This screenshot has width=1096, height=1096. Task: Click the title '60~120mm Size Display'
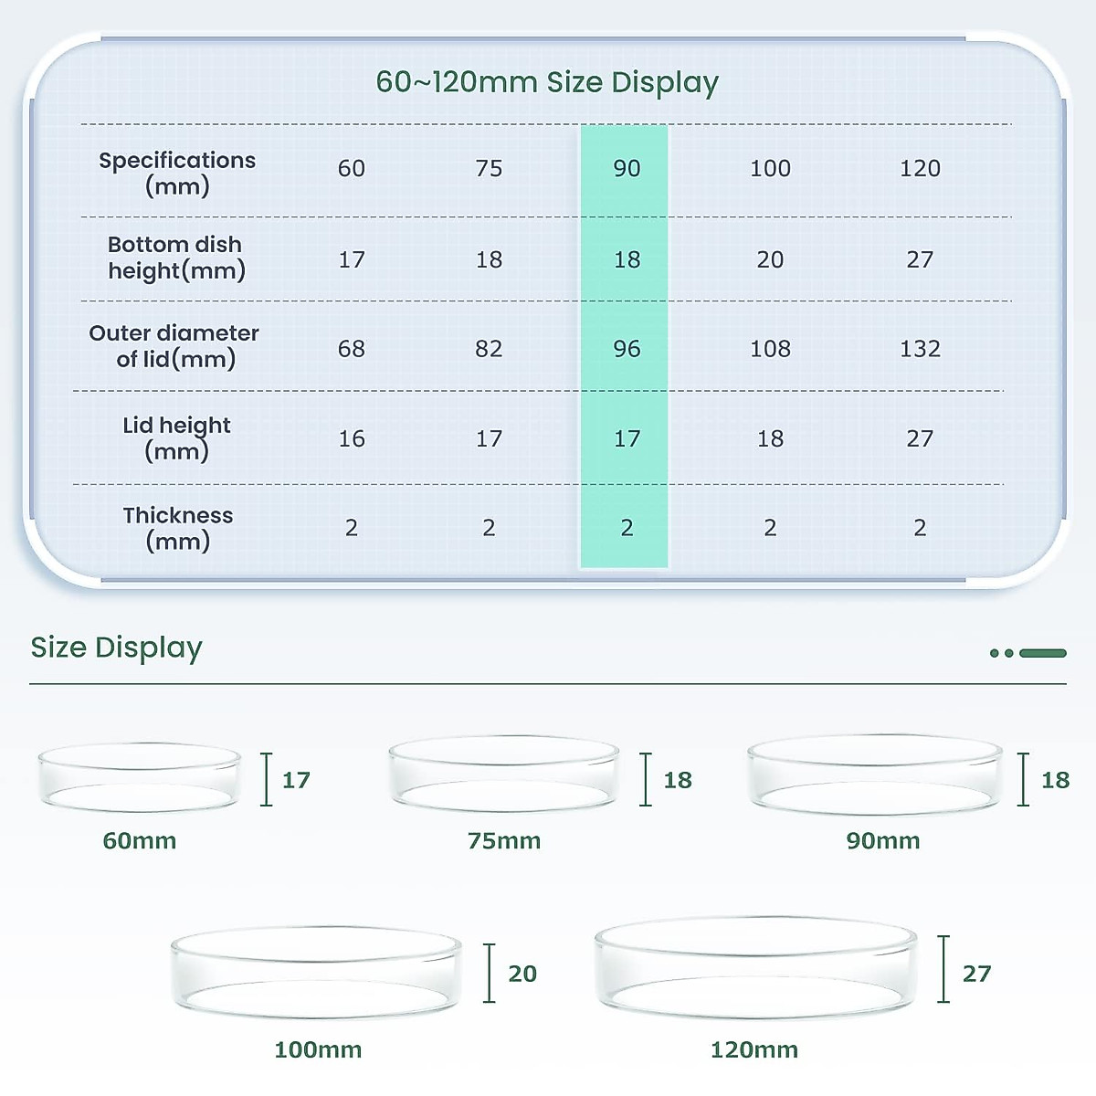tap(547, 82)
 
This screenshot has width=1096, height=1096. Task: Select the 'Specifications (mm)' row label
tap(177, 173)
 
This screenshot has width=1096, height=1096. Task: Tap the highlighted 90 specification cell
tap(627, 168)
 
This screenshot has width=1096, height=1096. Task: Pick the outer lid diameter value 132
tap(920, 349)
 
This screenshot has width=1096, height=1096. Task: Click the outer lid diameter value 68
tap(352, 349)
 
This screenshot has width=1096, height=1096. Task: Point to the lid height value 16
tap(352, 439)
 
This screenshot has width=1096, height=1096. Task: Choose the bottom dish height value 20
tap(770, 260)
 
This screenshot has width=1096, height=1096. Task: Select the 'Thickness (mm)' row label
tap(178, 528)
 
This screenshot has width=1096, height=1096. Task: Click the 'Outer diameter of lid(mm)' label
tap(174, 346)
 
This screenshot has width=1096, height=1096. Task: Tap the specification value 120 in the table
tap(920, 168)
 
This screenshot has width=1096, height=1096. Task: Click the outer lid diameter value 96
tap(627, 349)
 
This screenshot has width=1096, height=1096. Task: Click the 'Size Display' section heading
tap(116, 648)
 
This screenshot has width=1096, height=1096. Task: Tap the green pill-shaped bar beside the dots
tap(1043, 653)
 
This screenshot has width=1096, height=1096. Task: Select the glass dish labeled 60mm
tap(139, 777)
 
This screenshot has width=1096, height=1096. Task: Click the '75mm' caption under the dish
tap(504, 841)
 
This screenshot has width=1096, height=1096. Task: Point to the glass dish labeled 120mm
tap(754, 967)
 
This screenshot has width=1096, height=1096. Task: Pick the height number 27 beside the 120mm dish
tap(976, 974)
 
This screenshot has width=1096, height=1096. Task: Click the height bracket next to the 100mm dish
tap(490, 974)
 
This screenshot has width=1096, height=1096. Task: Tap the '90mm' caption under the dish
tap(883, 841)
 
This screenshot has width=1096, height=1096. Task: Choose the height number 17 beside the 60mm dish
tap(296, 780)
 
